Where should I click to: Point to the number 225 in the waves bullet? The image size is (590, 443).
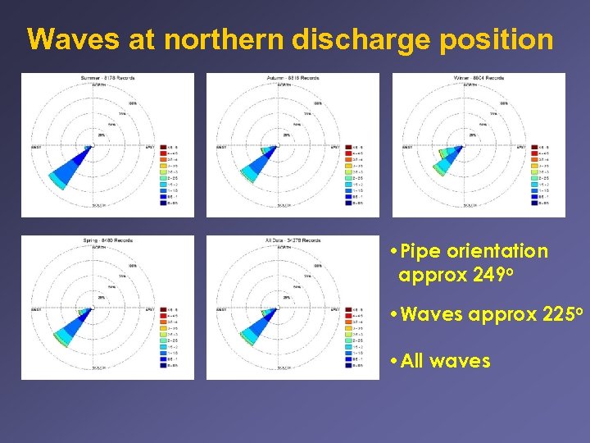point(557,314)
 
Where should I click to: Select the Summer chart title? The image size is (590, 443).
point(107,78)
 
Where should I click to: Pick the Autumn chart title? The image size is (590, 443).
point(293,78)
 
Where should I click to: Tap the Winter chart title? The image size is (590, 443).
point(479,78)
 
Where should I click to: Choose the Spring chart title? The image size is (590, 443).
point(107,240)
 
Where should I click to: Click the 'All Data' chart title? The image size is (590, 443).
point(293,240)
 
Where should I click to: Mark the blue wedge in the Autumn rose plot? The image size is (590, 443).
point(258,164)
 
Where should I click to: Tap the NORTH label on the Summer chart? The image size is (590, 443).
point(98,84)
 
